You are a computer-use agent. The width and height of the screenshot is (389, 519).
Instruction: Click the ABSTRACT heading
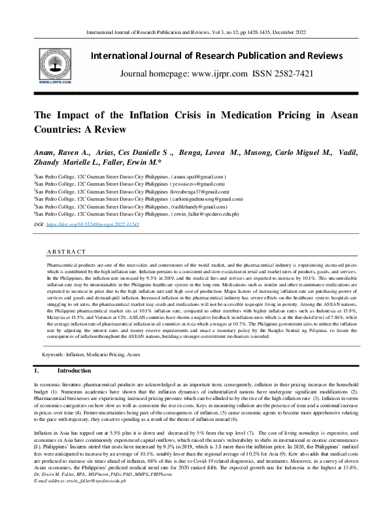coord(66,252)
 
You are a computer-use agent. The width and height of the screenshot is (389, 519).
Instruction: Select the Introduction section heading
coord(69,371)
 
